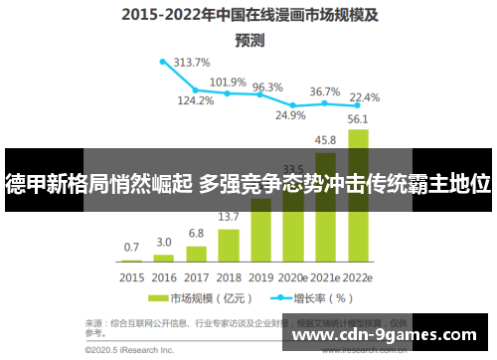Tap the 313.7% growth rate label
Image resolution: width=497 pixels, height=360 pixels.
(x=191, y=63)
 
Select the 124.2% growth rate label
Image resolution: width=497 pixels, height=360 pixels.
(x=196, y=100)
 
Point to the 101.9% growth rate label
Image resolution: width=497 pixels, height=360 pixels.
(x=228, y=83)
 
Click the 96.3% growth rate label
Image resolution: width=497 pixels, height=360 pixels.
(x=266, y=88)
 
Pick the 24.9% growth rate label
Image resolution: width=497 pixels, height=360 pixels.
(x=290, y=115)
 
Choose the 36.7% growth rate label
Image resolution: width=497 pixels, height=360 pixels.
(x=324, y=91)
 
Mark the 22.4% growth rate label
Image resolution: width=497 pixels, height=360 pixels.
(x=365, y=96)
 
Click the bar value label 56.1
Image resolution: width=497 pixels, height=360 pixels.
(x=358, y=120)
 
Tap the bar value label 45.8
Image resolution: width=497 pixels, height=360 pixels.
(x=325, y=140)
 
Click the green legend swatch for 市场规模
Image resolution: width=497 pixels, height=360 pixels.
(x=157, y=297)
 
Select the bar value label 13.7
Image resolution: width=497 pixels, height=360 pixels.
(x=229, y=217)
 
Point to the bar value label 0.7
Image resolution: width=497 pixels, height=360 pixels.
(x=132, y=247)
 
